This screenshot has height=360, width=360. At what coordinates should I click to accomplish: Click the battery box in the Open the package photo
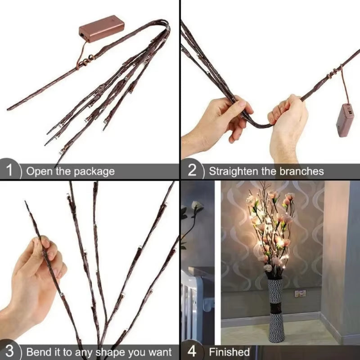point(101,29)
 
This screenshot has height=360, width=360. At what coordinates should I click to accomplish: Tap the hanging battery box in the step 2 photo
point(346,120)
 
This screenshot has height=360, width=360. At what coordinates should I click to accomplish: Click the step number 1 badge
point(10,171)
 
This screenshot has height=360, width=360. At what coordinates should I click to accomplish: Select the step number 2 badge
point(192,171)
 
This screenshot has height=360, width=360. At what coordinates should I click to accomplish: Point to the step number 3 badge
point(10,351)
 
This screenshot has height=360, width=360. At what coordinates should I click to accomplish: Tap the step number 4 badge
point(192,351)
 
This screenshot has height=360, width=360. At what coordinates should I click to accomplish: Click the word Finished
point(229,351)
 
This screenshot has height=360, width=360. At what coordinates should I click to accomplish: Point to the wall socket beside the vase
point(300,293)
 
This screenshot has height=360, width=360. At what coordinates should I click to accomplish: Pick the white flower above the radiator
point(197,206)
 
